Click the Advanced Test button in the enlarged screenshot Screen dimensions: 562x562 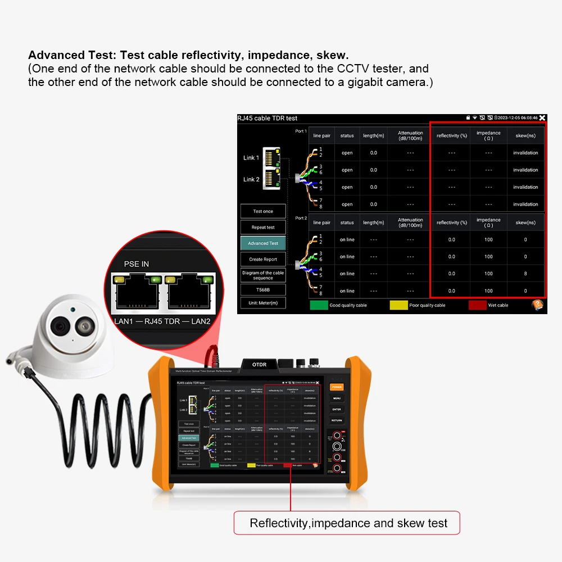(263, 243)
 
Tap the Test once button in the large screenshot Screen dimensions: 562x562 (263, 211)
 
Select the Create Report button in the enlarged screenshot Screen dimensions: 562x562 (263, 260)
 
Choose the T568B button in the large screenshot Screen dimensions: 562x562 (263, 290)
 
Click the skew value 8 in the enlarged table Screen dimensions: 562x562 (525, 274)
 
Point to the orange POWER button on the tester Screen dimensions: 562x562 (337, 387)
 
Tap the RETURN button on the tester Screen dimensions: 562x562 (337, 420)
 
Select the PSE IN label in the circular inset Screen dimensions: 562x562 (137, 264)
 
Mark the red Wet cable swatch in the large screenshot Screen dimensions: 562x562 (477, 305)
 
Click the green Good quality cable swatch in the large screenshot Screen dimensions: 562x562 (319, 305)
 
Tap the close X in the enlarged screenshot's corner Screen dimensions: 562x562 (542, 118)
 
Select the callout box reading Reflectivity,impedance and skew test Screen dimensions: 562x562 (347, 523)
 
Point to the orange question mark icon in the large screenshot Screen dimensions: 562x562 (537, 305)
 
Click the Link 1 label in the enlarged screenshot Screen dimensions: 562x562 (251, 158)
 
